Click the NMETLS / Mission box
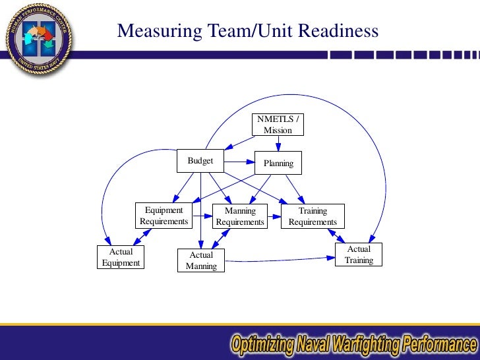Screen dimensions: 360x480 click(278, 125)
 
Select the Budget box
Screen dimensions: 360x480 click(200, 160)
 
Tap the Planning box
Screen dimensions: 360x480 click(278, 163)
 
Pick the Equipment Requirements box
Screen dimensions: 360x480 click(164, 216)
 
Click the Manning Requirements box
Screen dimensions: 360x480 click(240, 216)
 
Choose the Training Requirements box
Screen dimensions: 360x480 click(313, 216)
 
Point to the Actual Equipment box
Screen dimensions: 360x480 click(121, 257)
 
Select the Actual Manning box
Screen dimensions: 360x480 click(201, 260)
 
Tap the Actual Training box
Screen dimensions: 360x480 click(359, 255)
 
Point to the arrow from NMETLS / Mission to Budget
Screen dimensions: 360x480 click(240, 143)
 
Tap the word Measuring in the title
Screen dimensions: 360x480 click(154, 31)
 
